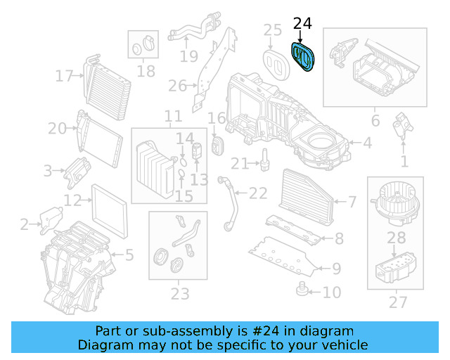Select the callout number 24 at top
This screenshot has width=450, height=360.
(302, 24)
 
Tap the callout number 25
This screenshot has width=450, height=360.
(272, 30)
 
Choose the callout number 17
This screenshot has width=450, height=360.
(65, 75)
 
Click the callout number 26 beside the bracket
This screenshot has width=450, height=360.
(178, 86)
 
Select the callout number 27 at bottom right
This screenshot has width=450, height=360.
(398, 303)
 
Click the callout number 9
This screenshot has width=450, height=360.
(336, 268)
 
